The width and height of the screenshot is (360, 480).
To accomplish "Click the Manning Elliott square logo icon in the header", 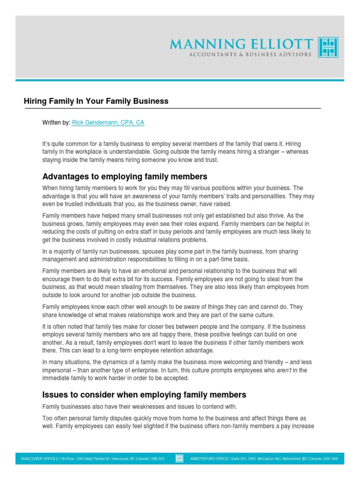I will point(328,47).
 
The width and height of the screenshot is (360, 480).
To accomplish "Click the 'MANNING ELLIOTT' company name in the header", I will point(241,44).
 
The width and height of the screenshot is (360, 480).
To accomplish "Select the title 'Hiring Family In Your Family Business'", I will point(96,101).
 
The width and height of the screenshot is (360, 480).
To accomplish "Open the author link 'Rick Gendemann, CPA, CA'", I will point(108,123).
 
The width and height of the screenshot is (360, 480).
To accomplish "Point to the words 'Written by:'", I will point(56,123).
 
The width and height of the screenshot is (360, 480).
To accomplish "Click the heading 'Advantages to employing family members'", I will point(125,177).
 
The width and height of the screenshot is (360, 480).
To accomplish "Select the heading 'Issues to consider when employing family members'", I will point(144,395).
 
